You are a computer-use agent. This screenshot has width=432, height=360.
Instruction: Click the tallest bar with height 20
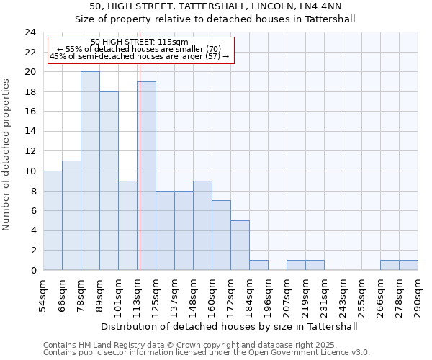point(90,171)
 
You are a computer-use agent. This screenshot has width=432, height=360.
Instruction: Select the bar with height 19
point(147,176)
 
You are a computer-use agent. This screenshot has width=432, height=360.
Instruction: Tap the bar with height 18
point(109,181)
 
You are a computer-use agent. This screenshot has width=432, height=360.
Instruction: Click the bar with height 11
point(71,215)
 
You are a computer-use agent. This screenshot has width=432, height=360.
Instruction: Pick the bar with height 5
point(240,245)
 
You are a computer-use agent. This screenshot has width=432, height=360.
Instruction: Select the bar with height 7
point(221,235)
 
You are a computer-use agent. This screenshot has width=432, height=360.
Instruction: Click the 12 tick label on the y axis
point(30,151)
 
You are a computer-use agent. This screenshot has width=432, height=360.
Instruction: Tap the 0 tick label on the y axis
point(32,271)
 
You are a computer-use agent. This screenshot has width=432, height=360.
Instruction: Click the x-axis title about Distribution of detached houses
point(230,326)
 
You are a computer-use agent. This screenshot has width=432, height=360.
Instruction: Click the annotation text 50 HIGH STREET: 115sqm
point(140,42)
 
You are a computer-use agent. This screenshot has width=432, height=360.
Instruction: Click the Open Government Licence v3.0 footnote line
point(207,353)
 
